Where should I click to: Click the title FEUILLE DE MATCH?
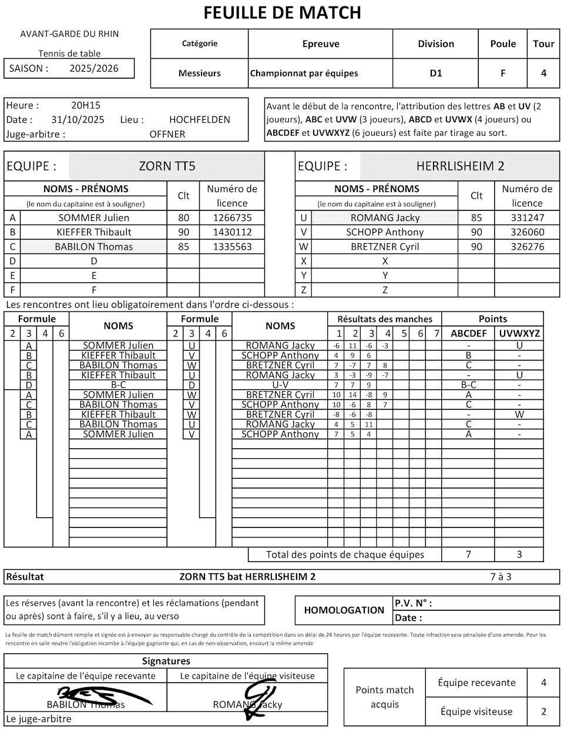pyautogui.click(x=282, y=12)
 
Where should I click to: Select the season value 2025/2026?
pyautogui.click(x=94, y=68)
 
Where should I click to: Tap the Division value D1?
pyautogui.click(x=435, y=73)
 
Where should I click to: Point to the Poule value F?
pyautogui.click(x=503, y=73)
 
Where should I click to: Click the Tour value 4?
pyautogui.click(x=543, y=73)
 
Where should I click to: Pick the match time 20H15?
pyautogui.click(x=86, y=106)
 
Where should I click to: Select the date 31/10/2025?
pyautogui.click(x=78, y=120)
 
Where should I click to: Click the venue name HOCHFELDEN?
pyautogui.click(x=199, y=120)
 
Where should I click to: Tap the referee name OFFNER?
pyautogui.click(x=167, y=134)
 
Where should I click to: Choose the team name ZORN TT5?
pyautogui.click(x=167, y=166)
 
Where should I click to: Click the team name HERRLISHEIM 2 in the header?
pyautogui.click(x=460, y=166)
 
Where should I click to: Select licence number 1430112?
pyautogui.click(x=232, y=232)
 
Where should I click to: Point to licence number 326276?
pyautogui.click(x=527, y=247)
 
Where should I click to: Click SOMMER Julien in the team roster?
pyautogui.click(x=94, y=218)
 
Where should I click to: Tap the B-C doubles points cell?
pyautogui.click(x=468, y=385)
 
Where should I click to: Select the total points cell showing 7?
pyautogui.click(x=468, y=555)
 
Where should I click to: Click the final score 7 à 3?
pyautogui.click(x=501, y=577)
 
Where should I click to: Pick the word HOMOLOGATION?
pyautogui.click(x=344, y=610)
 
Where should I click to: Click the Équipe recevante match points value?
pyautogui.click(x=543, y=683)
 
